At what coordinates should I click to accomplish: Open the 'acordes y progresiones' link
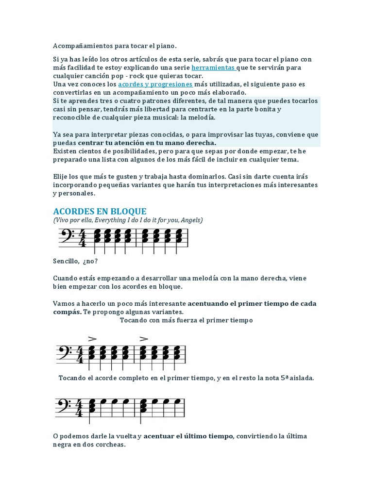(x=155, y=84)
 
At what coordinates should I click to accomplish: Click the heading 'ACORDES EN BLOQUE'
(x=100, y=211)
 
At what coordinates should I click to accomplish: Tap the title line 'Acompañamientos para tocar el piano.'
(x=115, y=46)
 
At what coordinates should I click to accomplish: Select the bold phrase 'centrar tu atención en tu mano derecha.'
(x=147, y=143)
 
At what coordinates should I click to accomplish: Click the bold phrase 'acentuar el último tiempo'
(x=188, y=436)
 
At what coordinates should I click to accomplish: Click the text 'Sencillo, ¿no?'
(x=75, y=261)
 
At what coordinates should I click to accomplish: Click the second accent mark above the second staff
(x=143, y=339)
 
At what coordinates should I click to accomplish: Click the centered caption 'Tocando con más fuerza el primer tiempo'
(x=186, y=320)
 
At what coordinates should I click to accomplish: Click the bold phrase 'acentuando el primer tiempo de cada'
(x=252, y=303)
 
